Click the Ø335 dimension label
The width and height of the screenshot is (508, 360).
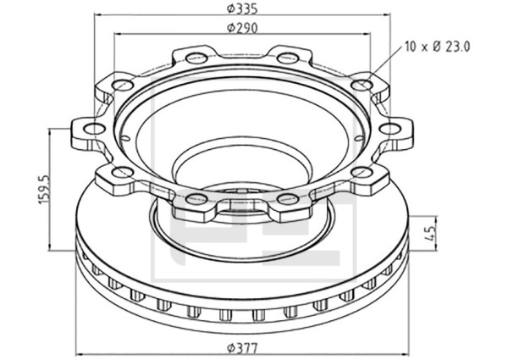[x=242, y=8]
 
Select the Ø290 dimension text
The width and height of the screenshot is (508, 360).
[x=242, y=28]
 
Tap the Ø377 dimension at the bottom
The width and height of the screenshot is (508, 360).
[x=242, y=349]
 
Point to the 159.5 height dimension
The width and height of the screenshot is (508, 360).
[x=43, y=189]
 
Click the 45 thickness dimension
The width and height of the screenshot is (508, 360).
[x=430, y=233]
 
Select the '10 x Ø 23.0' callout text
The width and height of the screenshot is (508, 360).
[x=438, y=47]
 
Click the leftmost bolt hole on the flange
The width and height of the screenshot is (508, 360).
[x=94, y=129]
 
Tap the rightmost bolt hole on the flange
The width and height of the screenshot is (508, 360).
[x=390, y=129]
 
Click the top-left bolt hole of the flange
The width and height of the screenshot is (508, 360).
[x=196, y=58]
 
